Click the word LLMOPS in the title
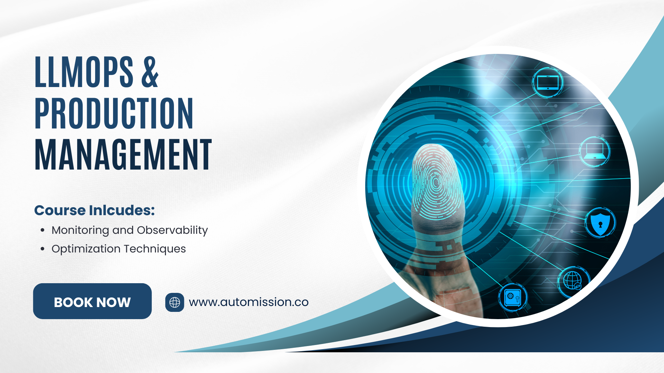[84, 72]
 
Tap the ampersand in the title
[150, 72]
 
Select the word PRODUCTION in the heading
[114, 113]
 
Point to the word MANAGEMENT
[123, 154]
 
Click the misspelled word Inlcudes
[122, 210]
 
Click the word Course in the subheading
[60, 210]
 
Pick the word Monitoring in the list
[80, 231]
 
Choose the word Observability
[172, 231]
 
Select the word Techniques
[155, 249]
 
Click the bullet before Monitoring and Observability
[43, 230]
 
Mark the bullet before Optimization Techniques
[43, 249]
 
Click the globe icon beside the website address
[175, 303]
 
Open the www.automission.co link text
[249, 302]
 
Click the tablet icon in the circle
[548, 83]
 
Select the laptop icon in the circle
[594, 152]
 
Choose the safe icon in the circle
[513, 297]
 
